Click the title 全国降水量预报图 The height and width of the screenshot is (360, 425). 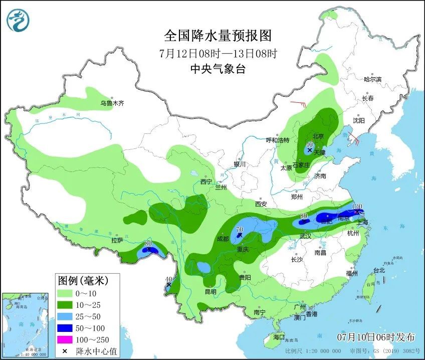point(218,36)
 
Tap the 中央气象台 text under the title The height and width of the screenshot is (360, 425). point(218,69)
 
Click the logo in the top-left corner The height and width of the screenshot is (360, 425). point(18,20)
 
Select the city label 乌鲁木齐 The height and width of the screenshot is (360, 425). point(111,103)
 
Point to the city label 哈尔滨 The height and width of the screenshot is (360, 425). point(372,79)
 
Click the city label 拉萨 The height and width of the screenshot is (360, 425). point(117,240)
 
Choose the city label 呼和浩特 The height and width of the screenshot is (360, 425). point(278,140)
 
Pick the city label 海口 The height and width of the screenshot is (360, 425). point(279,337)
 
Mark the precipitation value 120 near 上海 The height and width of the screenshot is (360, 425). point(357,206)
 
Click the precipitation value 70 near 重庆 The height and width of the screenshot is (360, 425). point(239,230)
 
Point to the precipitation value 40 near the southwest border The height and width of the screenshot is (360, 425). point(169,279)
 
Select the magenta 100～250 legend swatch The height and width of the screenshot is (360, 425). point(64,339)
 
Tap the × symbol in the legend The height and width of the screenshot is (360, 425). point(64,350)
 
